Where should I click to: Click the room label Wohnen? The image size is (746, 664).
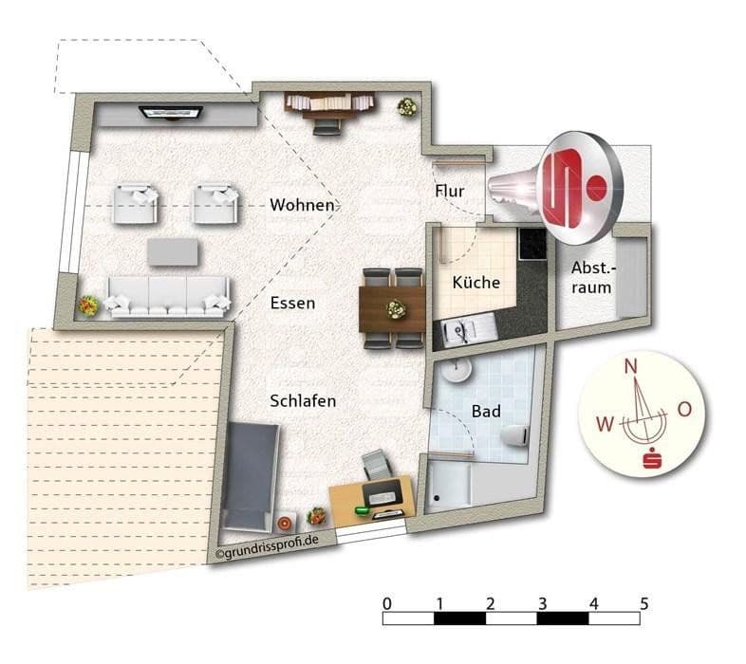point(302,205)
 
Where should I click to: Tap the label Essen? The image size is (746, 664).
point(292,304)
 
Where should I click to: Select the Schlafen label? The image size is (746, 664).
point(303,401)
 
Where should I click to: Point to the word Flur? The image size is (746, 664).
point(450,192)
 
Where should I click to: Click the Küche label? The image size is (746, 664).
point(476,283)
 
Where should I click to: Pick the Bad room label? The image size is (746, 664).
point(486,412)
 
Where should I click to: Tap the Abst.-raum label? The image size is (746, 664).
point(591,277)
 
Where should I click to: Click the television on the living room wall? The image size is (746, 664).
point(172,113)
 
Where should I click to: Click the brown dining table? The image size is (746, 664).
point(392,308)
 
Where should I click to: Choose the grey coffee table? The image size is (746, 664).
point(174,252)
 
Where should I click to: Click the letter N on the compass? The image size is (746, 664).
point(630,365)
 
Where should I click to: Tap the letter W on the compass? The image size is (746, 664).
point(605,424)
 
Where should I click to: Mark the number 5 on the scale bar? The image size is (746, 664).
point(644,603)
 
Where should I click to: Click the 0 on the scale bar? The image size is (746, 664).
point(386,603)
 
